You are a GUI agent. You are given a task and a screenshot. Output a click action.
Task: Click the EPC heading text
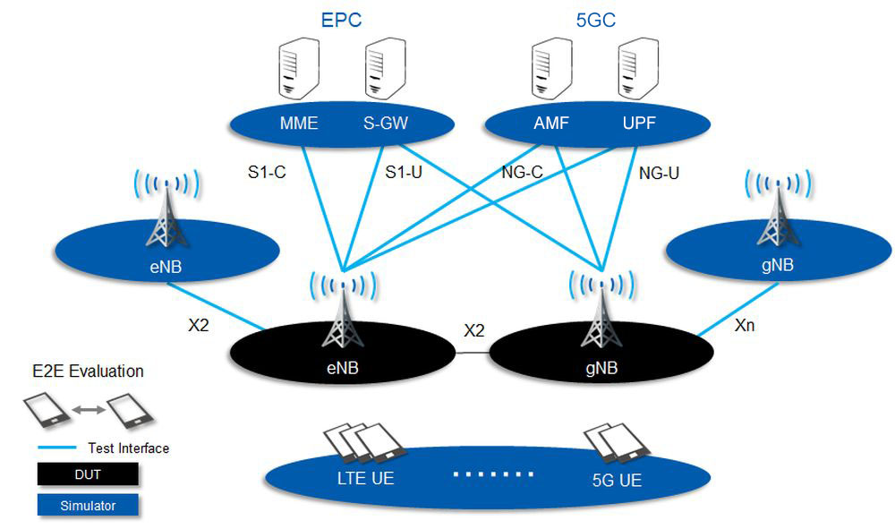click(x=340, y=20)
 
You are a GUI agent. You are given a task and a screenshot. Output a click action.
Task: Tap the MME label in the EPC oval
click(x=299, y=124)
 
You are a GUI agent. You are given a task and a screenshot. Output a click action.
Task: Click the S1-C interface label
click(x=266, y=173)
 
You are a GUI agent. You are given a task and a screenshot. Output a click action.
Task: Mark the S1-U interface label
click(x=404, y=173)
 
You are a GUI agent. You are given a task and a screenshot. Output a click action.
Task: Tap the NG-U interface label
click(x=660, y=173)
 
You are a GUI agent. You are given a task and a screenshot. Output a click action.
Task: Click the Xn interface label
click(x=745, y=326)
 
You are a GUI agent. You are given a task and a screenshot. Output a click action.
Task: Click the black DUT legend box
click(x=88, y=474)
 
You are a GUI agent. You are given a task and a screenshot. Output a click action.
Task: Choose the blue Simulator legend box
click(x=88, y=506)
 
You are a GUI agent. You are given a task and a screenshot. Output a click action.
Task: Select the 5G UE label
click(x=617, y=481)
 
